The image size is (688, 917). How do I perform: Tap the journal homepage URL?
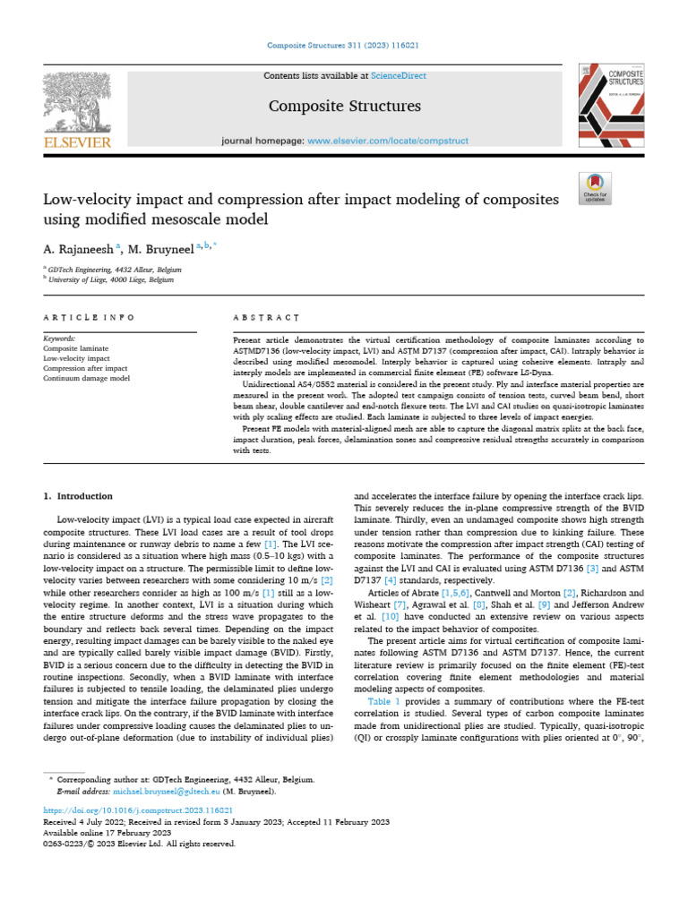pyautogui.click(x=377, y=141)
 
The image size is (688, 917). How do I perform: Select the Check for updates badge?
pyautogui.click(x=595, y=186)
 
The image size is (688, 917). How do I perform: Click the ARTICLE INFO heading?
pyautogui.click(x=89, y=317)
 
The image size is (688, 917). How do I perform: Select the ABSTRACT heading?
pyautogui.click(x=265, y=317)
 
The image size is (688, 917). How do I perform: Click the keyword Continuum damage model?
pyautogui.click(x=86, y=379)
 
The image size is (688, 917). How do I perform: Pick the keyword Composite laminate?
pyautogui.click(x=76, y=348)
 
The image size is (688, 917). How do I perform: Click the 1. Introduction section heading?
pyautogui.click(x=79, y=496)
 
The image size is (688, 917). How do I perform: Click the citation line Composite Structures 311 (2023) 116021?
pyautogui.click(x=344, y=46)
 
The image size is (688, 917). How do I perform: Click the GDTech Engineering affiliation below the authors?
pyautogui.click(x=115, y=269)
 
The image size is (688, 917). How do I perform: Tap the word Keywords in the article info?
pyautogui.click(x=60, y=339)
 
